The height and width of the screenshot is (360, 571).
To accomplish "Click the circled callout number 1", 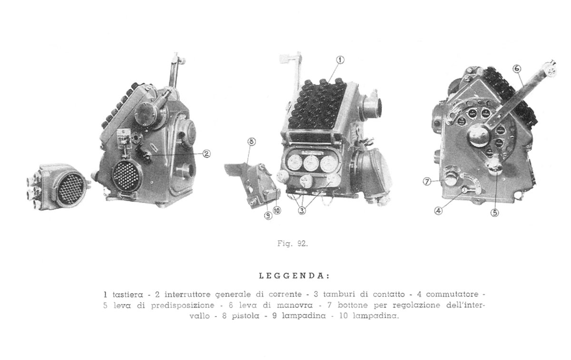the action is [340, 60].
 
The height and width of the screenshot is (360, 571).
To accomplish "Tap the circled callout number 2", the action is [207, 154].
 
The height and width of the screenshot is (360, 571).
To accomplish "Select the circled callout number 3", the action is [302, 211].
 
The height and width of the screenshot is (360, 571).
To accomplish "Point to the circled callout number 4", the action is [438, 211].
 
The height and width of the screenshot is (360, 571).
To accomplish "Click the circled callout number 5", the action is [495, 213].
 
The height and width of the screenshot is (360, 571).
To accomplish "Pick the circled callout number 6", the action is [517, 69].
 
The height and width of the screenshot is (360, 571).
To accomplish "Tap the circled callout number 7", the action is [427, 182].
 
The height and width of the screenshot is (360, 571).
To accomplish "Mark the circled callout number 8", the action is [252, 142].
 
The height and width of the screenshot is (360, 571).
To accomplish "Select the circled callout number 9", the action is [268, 216].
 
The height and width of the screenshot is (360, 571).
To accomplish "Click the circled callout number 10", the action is [277, 211].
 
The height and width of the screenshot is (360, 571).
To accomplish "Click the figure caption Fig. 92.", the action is [293, 244].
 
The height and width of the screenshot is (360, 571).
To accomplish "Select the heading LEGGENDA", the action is [295, 276].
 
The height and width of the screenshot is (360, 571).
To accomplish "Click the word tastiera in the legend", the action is [128, 294].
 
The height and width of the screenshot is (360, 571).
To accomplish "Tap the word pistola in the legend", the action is [246, 316].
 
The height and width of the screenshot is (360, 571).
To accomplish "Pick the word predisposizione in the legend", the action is [183, 305].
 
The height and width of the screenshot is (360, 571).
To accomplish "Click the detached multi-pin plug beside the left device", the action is [58, 187].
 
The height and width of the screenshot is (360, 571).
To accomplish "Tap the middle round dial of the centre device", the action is [311, 163].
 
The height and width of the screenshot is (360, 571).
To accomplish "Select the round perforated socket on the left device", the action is [127, 176].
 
